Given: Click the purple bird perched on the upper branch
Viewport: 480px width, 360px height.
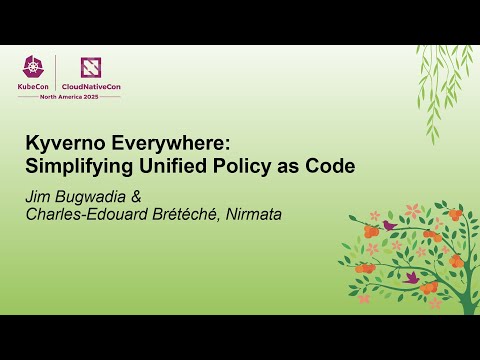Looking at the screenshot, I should click(x=388, y=226).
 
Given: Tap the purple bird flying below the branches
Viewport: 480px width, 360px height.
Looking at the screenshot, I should click(x=411, y=277).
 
